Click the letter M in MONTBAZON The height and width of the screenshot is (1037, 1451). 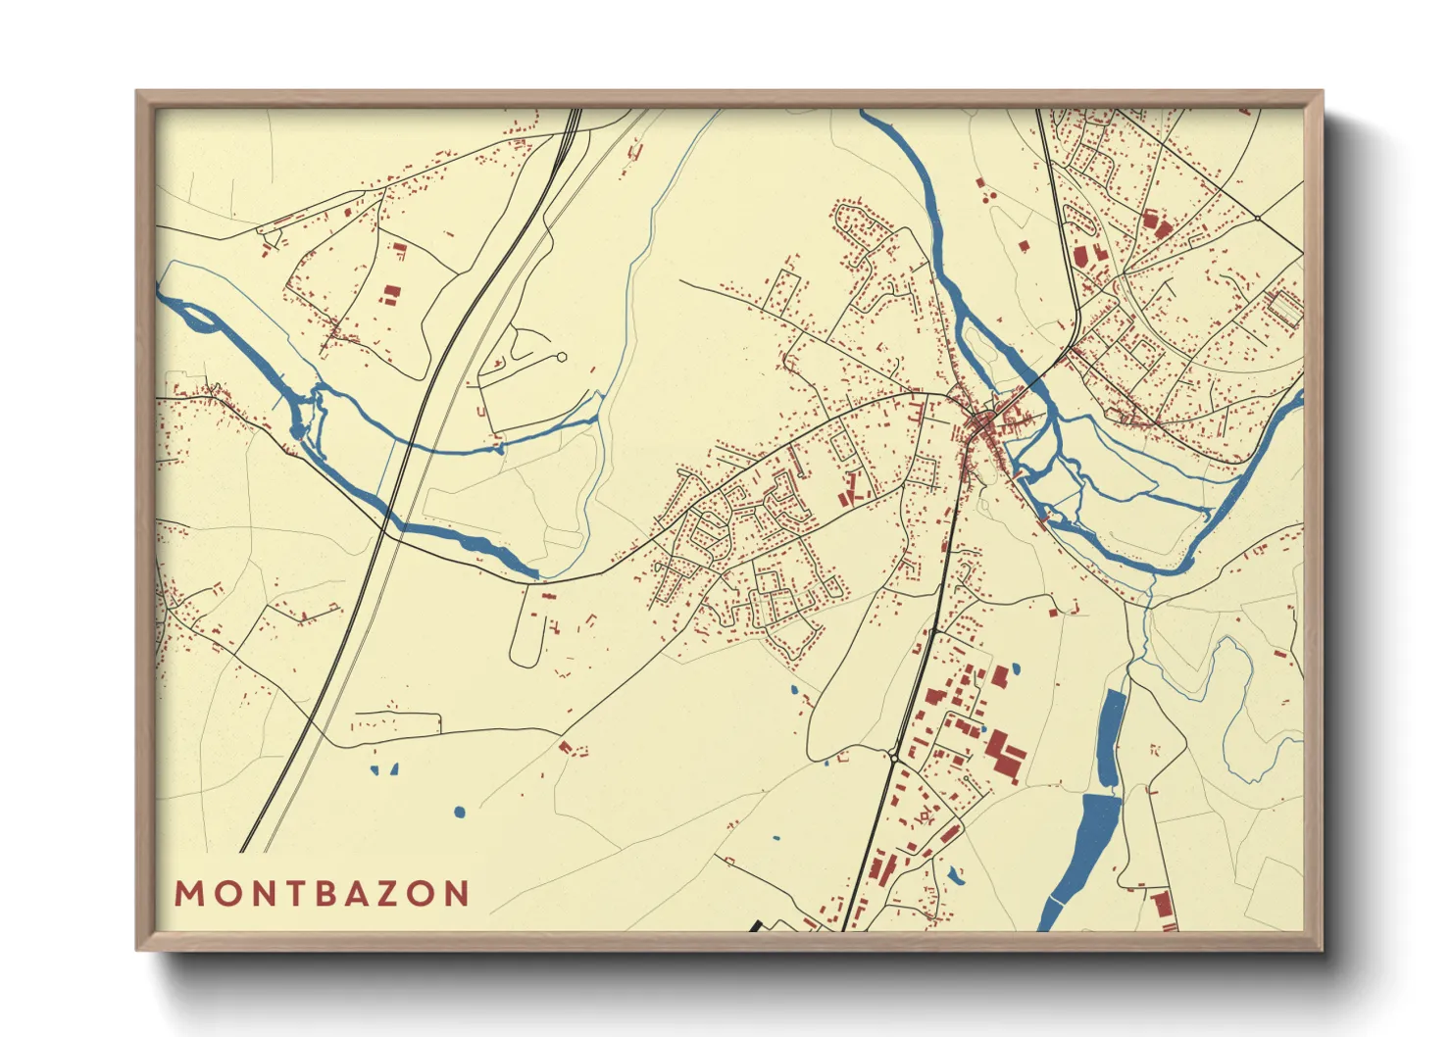point(187,894)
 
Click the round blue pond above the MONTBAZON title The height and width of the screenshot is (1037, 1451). point(459,813)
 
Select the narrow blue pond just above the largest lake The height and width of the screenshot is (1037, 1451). point(1111,737)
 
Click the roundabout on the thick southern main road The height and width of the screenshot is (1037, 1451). point(895,757)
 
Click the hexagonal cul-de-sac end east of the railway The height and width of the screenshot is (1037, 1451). point(561,358)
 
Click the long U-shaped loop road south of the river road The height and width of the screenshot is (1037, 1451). point(525,627)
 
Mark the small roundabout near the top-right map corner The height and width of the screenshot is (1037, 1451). point(1256,217)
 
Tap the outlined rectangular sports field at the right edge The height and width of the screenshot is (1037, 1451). point(1284,308)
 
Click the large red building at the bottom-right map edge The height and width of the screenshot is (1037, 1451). point(1164,911)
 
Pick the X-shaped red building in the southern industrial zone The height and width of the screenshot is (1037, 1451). point(923,815)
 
